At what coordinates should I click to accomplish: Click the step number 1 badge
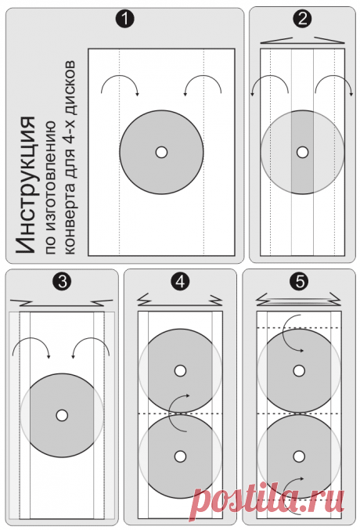pyautogui.click(x=125, y=20)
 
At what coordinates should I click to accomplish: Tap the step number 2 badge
pyautogui.click(x=303, y=20)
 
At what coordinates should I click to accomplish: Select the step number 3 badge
pyautogui.click(x=62, y=281)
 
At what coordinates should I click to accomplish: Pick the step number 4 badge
pyautogui.click(x=180, y=281)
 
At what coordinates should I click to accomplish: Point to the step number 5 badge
pyautogui.click(x=300, y=281)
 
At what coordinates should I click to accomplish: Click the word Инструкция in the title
pyautogui.click(x=26, y=185)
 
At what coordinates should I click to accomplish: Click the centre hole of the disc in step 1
pyautogui.click(x=161, y=153)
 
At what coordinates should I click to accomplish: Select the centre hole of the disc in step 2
pyautogui.click(x=303, y=153)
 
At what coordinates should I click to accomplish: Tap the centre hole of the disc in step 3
pyautogui.click(x=62, y=416)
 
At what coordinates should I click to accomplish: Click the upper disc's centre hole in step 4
pyautogui.click(x=180, y=371)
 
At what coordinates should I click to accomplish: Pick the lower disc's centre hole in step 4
pyautogui.click(x=180, y=456)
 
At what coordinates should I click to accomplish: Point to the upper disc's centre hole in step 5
pyautogui.click(x=299, y=371)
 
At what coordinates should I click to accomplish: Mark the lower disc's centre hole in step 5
pyautogui.click(x=299, y=456)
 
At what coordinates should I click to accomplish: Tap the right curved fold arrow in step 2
pyautogui.click(x=334, y=75)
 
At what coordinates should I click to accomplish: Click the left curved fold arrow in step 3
pyautogui.click(x=31, y=338)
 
